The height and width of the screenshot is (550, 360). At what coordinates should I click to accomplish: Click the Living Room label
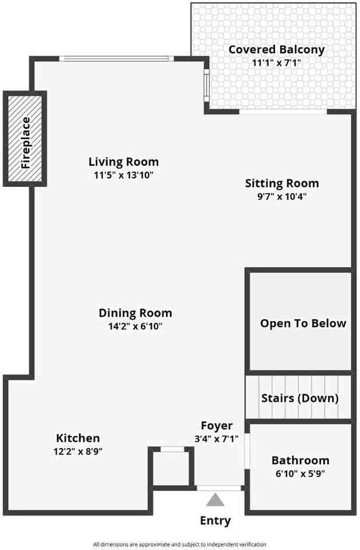click(x=123, y=162)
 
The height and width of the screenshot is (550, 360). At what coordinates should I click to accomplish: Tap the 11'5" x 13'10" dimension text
click(x=123, y=175)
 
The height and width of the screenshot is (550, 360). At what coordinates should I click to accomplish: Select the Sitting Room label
click(x=281, y=183)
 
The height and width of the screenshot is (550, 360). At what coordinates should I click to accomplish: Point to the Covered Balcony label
click(x=276, y=49)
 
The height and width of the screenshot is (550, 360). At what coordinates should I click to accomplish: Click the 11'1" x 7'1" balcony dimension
click(x=276, y=63)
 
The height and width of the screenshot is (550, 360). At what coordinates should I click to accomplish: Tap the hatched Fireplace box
click(x=25, y=139)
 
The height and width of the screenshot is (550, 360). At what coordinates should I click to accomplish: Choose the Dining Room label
click(x=135, y=313)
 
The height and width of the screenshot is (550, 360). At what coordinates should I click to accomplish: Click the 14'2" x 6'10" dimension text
click(x=135, y=327)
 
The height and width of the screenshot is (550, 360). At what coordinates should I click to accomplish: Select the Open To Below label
click(x=303, y=323)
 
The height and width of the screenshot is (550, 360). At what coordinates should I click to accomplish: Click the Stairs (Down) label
click(x=299, y=398)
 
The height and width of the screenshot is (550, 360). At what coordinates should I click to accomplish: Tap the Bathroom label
click(x=300, y=460)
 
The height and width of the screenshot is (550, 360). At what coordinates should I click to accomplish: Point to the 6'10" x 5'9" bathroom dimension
click(x=300, y=474)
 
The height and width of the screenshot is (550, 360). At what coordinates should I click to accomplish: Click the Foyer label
click(x=217, y=425)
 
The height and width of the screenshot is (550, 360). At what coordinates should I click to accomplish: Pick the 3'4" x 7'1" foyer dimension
click(x=216, y=439)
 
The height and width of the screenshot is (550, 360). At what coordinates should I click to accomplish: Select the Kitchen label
click(x=78, y=438)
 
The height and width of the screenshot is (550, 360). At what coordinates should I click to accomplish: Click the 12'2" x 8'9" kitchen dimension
click(x=78, y=451)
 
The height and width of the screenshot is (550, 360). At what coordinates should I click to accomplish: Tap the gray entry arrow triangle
click(x=216, y=500)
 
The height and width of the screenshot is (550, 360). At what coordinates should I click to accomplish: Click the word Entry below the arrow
click(x=216, y=520)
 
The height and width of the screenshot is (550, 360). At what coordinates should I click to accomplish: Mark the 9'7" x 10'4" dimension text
click(x=281, y=197)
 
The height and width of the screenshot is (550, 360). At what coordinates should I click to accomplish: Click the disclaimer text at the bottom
click(x=180, y=544)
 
